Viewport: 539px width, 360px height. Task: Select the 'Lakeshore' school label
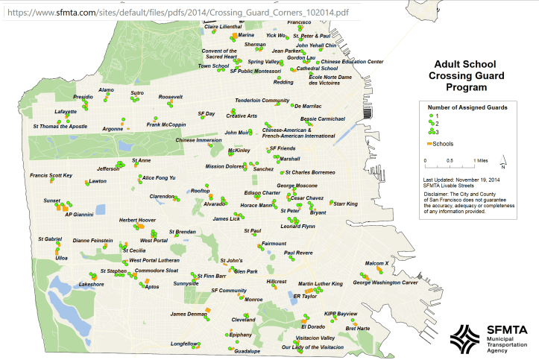[x=92, y=284]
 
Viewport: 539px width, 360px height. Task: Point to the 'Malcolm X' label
[x=376, y=263]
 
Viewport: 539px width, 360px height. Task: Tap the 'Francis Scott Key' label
[x=51, y=175]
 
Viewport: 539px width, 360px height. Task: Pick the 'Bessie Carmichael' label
[x=323, y=119]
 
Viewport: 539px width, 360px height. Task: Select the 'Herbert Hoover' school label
[x=138, y=220]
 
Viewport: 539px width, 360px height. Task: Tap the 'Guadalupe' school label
[x=247, y=350]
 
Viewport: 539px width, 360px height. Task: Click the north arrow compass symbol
[x=504, y=162]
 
